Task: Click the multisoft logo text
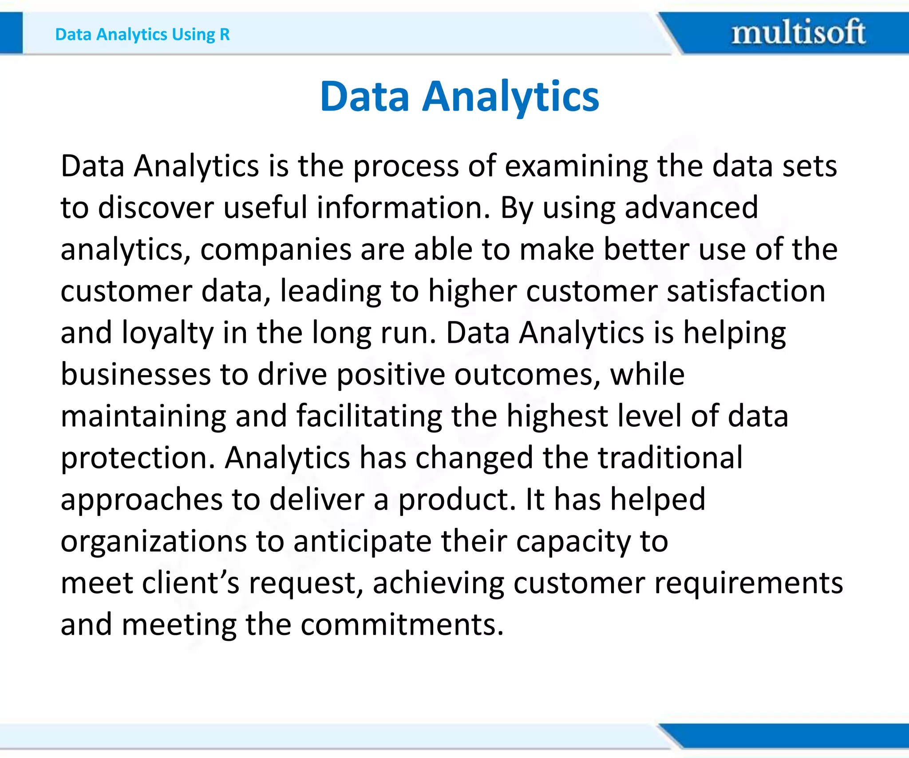[x=798, y=32]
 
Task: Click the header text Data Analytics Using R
[x=142, y=34]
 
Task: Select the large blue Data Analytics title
[x=459, y=96]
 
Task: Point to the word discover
[x=155, y=208]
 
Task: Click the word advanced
[x=691, y=208]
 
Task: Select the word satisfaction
[x=746, y=291]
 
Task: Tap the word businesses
[x=135, y=374]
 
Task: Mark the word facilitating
[x=368, y=416]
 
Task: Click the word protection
[x=138, y=458]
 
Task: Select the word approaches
[x=141, y=500]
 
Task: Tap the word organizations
[x=153, y=541]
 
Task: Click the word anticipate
[x=362, y=541]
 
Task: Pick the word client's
[x=190, y=583]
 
